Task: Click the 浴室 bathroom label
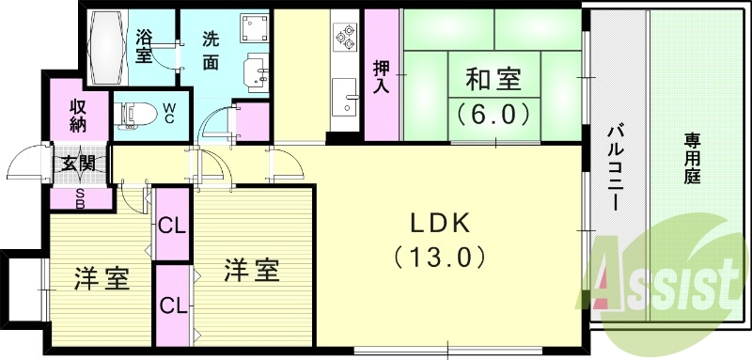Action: [145, 47]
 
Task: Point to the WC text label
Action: [168, 114]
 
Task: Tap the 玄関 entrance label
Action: [77, 164]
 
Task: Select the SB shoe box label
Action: [77, 197]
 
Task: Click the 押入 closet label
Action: [381, 76]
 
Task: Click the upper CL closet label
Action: [171, 225]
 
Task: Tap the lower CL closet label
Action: [171, 305]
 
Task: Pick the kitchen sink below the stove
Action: [344, 95]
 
